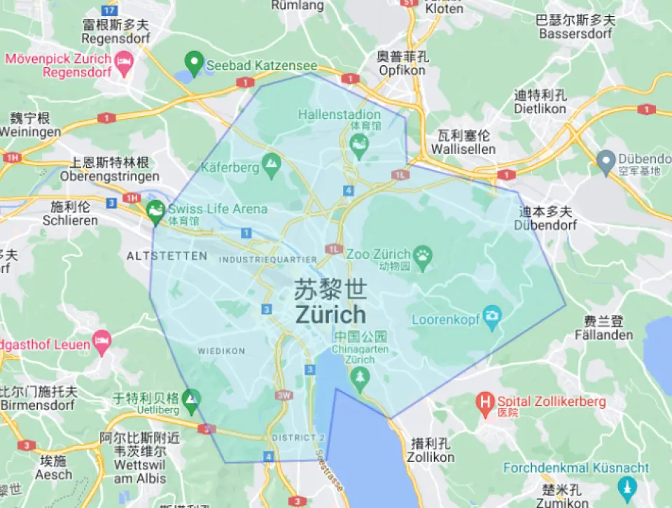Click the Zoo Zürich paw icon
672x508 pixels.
pos(423,257)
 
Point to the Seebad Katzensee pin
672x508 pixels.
pos(193,62)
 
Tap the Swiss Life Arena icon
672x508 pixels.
pos(155,209)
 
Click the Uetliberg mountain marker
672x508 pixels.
pos(190,400)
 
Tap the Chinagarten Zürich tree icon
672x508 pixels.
pos(360,379)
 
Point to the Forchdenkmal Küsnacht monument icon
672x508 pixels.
pos(627,485)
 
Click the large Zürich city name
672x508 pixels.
pos(330,313)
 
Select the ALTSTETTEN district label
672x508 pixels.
pos(167,256)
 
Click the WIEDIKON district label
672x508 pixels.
pos(221,351)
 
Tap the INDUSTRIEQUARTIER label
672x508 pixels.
pos(268,260)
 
